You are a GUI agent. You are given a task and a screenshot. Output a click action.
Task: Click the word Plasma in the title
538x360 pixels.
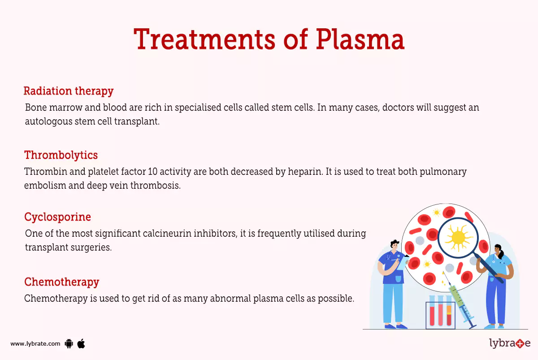pyautogui.click(x=360, y=39)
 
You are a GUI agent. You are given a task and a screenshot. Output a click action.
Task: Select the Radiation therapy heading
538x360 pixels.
pyautogui.click(x=68, y=91)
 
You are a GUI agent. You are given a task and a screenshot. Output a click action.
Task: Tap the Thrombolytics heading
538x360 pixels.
pyautogui.click(x=61, y=155)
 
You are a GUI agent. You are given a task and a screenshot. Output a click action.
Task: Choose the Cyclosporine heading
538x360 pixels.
pyautogui.click(x=57, y=217)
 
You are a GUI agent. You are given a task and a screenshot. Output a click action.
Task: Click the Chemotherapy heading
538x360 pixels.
pyautogui.click(x=61, y=282)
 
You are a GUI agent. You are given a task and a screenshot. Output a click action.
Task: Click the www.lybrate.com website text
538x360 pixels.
pyautogui.click(x=35, y=344)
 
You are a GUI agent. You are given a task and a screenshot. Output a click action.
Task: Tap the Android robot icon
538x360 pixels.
pyautogui.click(x=69, y=344)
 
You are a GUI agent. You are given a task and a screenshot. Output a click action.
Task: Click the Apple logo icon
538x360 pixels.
pyautogui.click(x=81, y=343)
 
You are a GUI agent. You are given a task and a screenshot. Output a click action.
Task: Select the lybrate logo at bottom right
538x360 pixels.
pyautogui.click(x=509, y=343)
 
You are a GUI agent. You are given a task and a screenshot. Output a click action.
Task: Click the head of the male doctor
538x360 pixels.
pyautogui.click(x=394, y=246)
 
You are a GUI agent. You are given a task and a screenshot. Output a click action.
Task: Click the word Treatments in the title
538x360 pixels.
pyautogui.click(x=204, y=39)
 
